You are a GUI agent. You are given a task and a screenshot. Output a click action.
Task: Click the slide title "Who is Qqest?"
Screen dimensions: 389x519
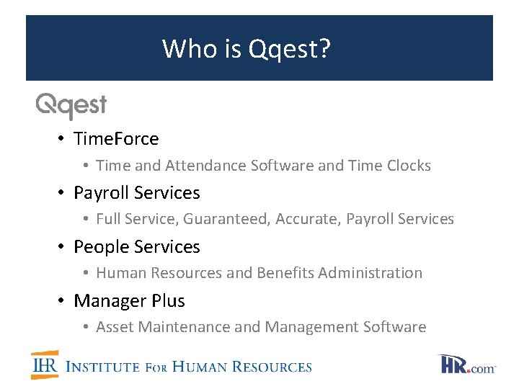[247, 49]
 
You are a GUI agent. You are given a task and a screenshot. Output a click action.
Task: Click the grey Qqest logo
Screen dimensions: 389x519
[71, 106]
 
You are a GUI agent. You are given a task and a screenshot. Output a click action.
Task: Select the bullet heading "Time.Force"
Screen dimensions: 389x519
[116, 138]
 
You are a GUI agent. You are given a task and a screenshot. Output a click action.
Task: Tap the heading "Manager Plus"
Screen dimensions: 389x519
[129, 300]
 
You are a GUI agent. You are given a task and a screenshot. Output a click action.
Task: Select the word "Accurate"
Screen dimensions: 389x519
[309, 219]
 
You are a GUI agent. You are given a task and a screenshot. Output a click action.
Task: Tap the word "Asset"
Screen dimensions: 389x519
[115, 327]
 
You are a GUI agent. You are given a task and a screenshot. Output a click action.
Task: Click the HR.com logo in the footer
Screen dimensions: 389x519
[466, 365]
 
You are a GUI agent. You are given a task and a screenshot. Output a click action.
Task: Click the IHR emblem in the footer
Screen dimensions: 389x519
[45, 365]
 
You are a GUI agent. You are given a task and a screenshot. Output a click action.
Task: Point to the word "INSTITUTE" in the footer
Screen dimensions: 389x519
[102, 367]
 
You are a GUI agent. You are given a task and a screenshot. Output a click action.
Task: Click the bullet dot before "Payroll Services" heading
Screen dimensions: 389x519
[63, 193]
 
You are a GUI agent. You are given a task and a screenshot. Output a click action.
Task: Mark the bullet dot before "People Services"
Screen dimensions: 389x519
[63, 247]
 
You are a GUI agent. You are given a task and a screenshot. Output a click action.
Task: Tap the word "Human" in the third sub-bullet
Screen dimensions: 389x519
[120, 273]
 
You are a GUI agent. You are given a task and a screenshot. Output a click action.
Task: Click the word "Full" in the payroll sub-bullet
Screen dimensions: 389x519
[109, 219]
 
